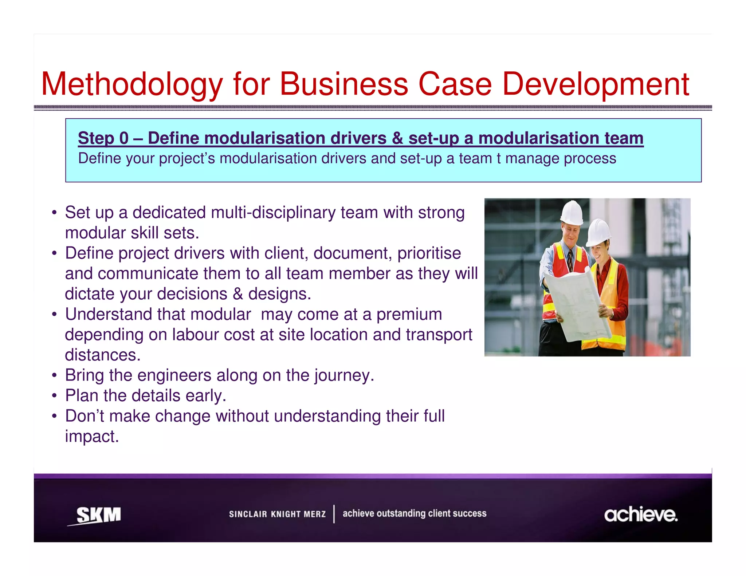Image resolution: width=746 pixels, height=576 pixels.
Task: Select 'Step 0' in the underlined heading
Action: click(103, 138)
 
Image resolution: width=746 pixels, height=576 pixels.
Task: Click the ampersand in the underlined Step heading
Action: click(397, 138)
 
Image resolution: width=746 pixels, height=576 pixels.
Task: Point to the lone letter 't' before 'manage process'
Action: click(499, 159)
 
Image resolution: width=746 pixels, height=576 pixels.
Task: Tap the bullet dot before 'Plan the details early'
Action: click(54, 396)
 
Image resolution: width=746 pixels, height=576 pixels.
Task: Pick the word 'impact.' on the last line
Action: click(92, 437)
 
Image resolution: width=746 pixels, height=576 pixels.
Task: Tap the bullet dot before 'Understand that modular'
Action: click(54, 315)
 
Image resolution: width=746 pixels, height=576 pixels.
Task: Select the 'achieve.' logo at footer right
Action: click(640, 514)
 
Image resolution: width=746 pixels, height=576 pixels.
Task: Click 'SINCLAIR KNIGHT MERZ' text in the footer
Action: click(277, 514)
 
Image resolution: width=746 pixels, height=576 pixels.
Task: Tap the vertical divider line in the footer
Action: click(334, 514)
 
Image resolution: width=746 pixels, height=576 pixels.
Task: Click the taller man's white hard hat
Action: click(572, 213)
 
